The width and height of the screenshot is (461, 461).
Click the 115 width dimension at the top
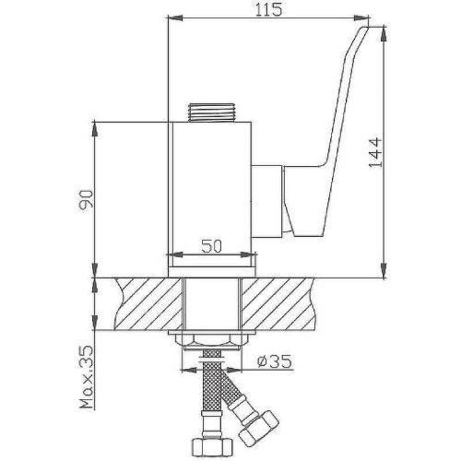click(x=268, y=10)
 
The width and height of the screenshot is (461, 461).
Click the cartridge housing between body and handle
click(x=268, y=198)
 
